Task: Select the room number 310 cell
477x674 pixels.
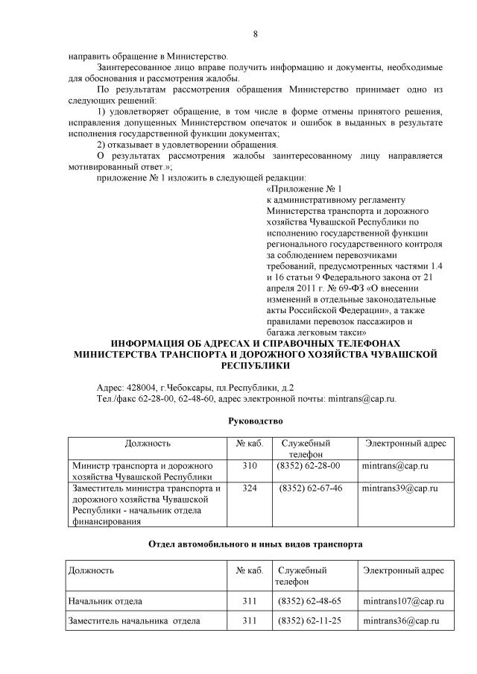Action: [x=249, y=465]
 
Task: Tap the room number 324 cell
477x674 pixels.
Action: [x=249, y=488]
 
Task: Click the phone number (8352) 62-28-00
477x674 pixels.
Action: [x=308, y=465]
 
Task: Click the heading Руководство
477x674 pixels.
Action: [x=256, y=421]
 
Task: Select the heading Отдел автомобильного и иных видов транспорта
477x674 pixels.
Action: [x=256, y=544]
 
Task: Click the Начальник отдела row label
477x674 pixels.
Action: [x=105, y=600]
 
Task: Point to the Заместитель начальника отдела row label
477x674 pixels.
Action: [x=133, y=620]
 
